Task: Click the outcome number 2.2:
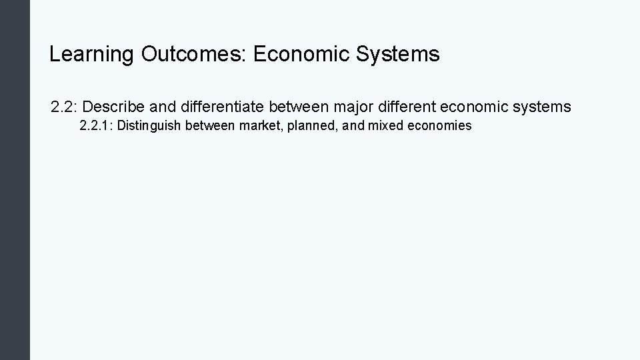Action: [x=65, y=107]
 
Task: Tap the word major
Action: [x=345, y=107]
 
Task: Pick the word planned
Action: [x=311, y=125]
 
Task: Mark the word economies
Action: [x=439, y=125]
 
